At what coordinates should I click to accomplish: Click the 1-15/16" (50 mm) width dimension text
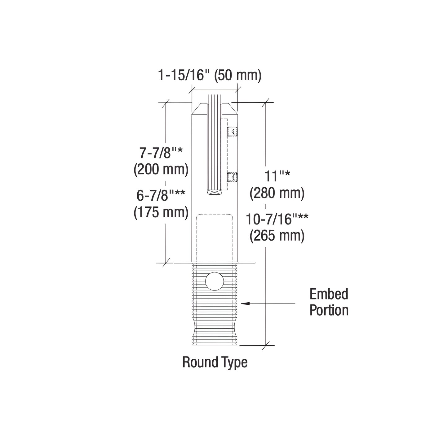pos(210,75)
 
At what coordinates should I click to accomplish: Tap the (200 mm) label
pos(161,170)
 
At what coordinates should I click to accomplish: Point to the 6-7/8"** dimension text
pos(161,196)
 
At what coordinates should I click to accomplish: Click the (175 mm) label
pos(161,212)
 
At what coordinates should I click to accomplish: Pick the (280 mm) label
pos(277,193)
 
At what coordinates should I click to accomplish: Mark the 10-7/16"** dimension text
pos(277,220)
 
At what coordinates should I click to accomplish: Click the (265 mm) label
pos(277,236)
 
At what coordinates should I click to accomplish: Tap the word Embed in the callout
pos(329,294)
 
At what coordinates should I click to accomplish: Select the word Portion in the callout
pos(329,310)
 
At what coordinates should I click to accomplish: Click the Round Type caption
pos(215,362)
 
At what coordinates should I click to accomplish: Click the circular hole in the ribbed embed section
pos(215,281)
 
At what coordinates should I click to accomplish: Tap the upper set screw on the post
pos(232,132)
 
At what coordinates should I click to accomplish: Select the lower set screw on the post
pos(232,177)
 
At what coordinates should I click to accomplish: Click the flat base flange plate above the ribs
pos(215,263)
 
